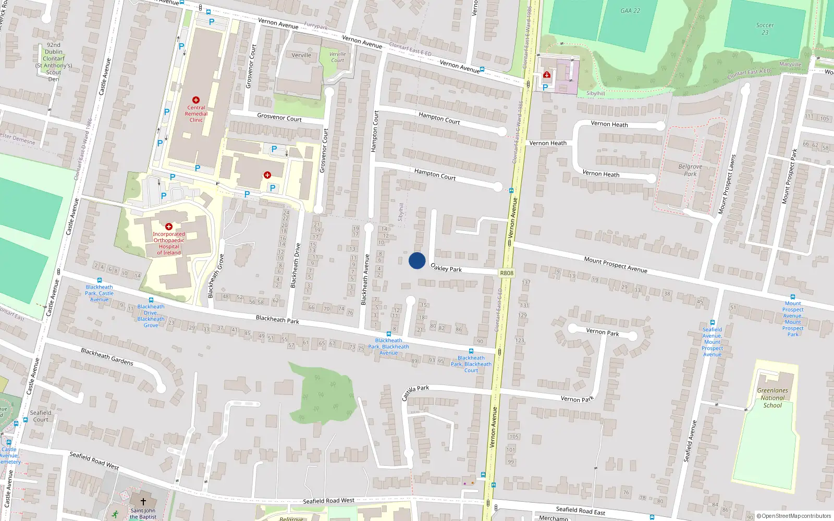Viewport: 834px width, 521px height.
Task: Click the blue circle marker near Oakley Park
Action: pos(417,260)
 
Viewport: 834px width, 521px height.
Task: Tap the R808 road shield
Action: pos(506,273)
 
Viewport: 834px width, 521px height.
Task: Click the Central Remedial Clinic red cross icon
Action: pos(196,100)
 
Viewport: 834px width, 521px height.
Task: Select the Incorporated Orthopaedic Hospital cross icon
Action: pos(169,227)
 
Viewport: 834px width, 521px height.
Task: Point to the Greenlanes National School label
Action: pos(772,398)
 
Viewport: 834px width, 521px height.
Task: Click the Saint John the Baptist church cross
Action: pos(143,502)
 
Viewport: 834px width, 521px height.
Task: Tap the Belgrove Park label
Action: pos(690,170)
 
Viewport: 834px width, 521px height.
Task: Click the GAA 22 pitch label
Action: pos(630,11)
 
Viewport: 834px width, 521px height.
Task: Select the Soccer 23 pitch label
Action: pos(765,29)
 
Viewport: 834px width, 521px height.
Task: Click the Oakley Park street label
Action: pos(446,268)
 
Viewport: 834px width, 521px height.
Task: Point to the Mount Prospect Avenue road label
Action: pos(616,265)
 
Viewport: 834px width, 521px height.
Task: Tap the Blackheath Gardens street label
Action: pos(107,357)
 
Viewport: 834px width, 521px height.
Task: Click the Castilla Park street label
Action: pos(415,392)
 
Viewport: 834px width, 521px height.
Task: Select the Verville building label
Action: pos(301,55)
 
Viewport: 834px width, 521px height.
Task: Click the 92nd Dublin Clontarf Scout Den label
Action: pos(54,62)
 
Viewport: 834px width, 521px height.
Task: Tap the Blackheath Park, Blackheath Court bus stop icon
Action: pos(471,352)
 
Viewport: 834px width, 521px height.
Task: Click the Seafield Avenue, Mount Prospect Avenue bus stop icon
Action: pos(713,322)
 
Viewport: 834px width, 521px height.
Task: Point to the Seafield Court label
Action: pos(41,416)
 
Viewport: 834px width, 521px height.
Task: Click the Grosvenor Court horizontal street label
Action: pos(279,117)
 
